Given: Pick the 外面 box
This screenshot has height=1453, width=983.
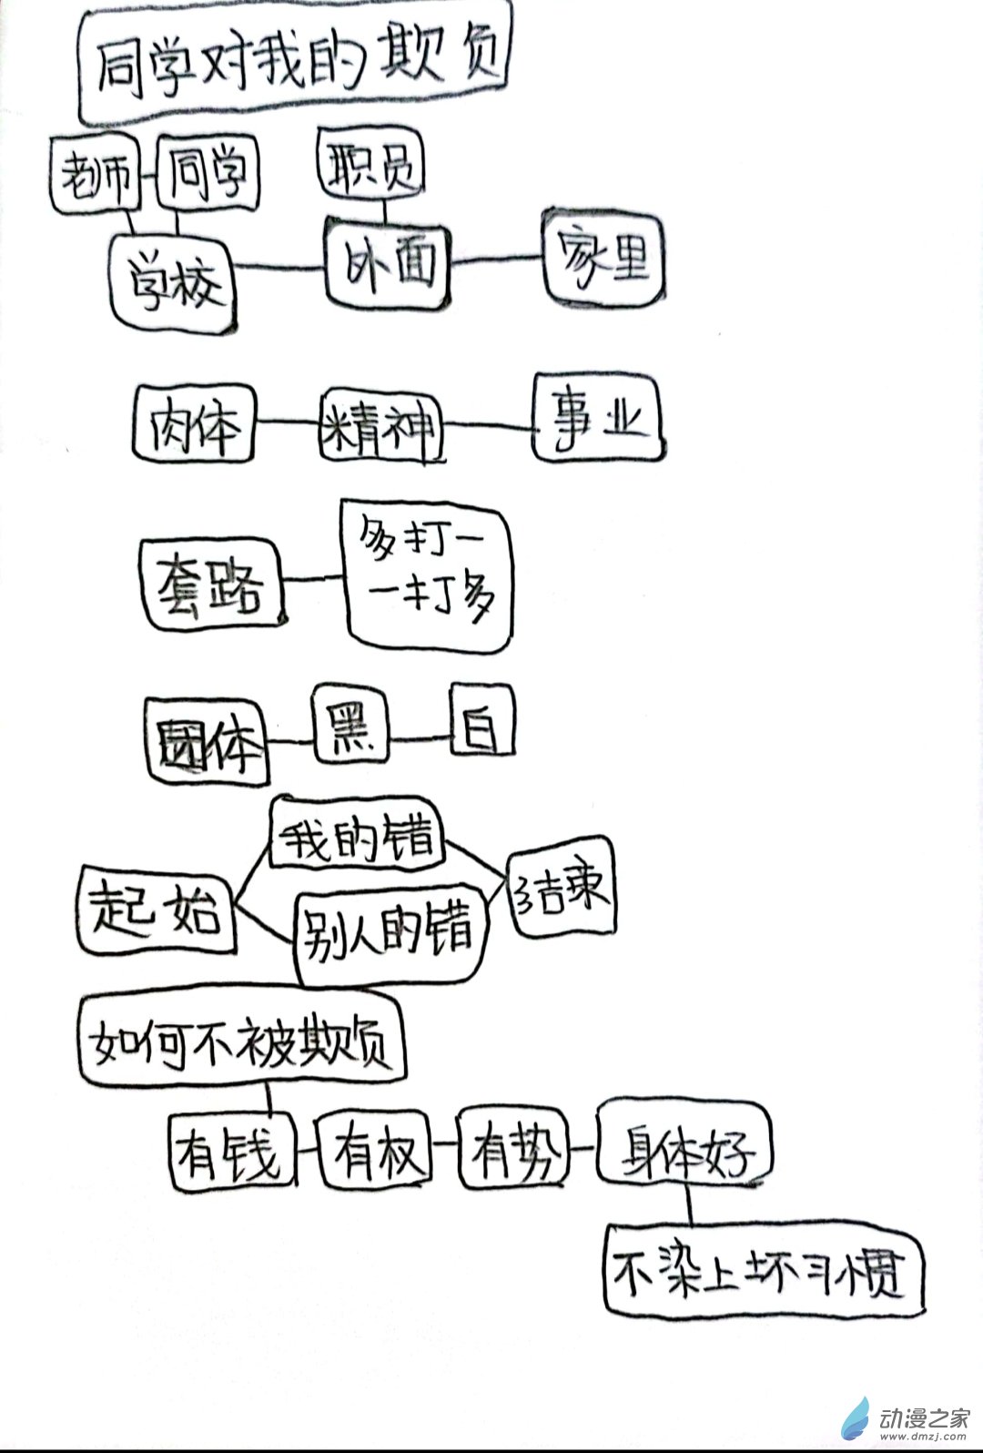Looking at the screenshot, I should [390, 264].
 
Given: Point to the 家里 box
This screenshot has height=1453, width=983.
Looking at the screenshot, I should [604, 259].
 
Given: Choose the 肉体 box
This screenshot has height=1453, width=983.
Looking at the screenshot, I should [194, 424].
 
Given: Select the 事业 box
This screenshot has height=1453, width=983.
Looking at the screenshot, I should [597, 420].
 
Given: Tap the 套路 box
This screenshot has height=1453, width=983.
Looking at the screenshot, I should [212, 583].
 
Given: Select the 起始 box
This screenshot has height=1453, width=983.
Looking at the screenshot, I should [155, 910].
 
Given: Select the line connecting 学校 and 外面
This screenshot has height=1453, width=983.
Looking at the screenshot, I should [280, 266].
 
